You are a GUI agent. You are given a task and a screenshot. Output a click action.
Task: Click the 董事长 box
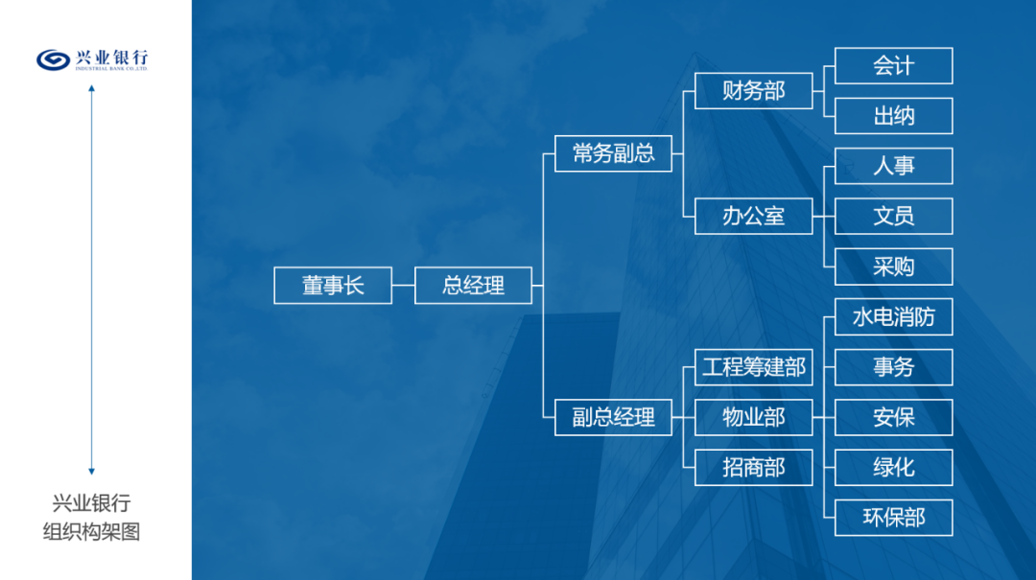[333, 286]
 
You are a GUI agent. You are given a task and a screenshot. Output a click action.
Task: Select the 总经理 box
[473, 286]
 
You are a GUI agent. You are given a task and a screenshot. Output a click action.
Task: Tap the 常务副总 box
[613, 153]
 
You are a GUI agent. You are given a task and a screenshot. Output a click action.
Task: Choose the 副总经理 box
[613, 417]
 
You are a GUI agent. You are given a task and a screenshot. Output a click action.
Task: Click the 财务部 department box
[753, 90]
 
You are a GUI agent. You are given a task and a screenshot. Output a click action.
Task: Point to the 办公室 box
[753, 216]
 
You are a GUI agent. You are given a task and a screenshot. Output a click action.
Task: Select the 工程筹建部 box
[753, 367]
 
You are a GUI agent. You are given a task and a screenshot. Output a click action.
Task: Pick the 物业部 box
[753, 417]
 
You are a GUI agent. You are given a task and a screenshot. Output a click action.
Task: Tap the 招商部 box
[753, 468]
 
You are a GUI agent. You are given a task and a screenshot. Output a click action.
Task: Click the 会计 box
[893, 65]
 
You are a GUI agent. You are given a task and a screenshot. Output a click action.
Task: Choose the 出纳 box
[893, 116]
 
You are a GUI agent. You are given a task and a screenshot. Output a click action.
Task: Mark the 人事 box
[893, 166]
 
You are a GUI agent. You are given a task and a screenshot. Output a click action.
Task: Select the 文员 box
[893, 216]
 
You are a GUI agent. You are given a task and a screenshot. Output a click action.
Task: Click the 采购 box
[893, 267]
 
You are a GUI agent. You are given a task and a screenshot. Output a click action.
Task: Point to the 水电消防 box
[893, 317]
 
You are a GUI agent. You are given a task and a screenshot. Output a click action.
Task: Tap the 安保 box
[893, 417]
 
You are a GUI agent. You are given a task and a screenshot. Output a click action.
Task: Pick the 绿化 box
[893, 468]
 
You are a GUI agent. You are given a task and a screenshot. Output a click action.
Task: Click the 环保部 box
[893, 518]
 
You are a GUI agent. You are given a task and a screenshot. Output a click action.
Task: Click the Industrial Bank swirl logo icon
[53, 60]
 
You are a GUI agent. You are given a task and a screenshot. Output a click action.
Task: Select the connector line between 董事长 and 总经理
[403, 286]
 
